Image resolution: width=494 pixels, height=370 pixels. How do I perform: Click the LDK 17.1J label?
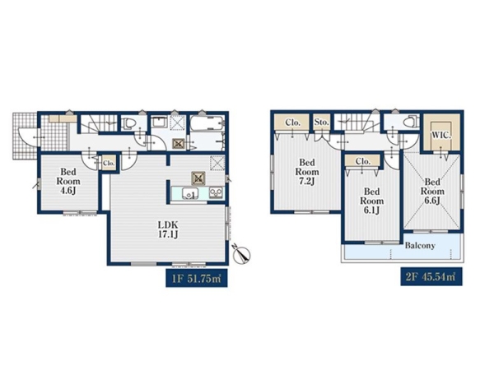pos(168,229)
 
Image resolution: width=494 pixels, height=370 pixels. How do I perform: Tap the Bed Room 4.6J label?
pos(68,181)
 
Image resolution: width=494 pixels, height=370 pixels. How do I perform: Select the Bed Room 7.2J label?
pos(307,172)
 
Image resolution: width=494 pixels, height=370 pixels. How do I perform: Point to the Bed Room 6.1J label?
pos(372,201)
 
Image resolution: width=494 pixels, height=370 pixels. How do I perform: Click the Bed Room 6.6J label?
pos(432,191)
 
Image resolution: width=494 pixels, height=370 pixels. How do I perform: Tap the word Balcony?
pos(420,245)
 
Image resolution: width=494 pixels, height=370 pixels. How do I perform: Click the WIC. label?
pos(441,136)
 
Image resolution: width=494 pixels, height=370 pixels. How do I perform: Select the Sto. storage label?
pos(321,122)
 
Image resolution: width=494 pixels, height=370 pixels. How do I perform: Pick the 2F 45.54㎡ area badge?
pos(431,277)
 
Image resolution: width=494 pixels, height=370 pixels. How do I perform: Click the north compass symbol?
pos(241,254)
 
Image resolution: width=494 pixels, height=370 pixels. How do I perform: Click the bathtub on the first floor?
pos(207,123)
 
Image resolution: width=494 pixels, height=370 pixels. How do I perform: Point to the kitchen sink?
pos(189,193)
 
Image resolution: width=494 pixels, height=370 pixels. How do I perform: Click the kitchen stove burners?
pos(216,192)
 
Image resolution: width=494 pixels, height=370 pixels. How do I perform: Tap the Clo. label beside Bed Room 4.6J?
pos(109,163)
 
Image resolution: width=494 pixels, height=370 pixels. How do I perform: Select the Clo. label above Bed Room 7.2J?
pos(292,123)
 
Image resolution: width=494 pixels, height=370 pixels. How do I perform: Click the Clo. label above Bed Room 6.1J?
pos(362,162)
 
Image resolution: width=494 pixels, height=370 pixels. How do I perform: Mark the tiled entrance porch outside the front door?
pos(26,136)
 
